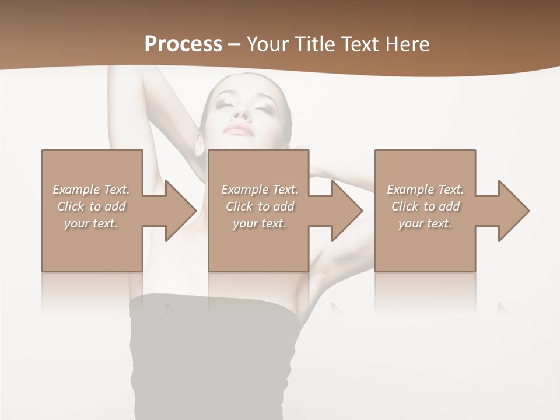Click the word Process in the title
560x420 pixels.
coord(183,44)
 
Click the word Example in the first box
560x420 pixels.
coord(76,190)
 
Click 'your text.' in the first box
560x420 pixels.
coord(91,223)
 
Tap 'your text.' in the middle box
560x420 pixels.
coord(260,223)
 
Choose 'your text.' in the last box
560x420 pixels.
coord(425,223)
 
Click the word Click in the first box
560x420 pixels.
coord(71,206)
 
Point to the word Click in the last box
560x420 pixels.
coord(405,206)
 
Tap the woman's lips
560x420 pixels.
coord(240,129)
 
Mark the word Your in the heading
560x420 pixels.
coord(267,44)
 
